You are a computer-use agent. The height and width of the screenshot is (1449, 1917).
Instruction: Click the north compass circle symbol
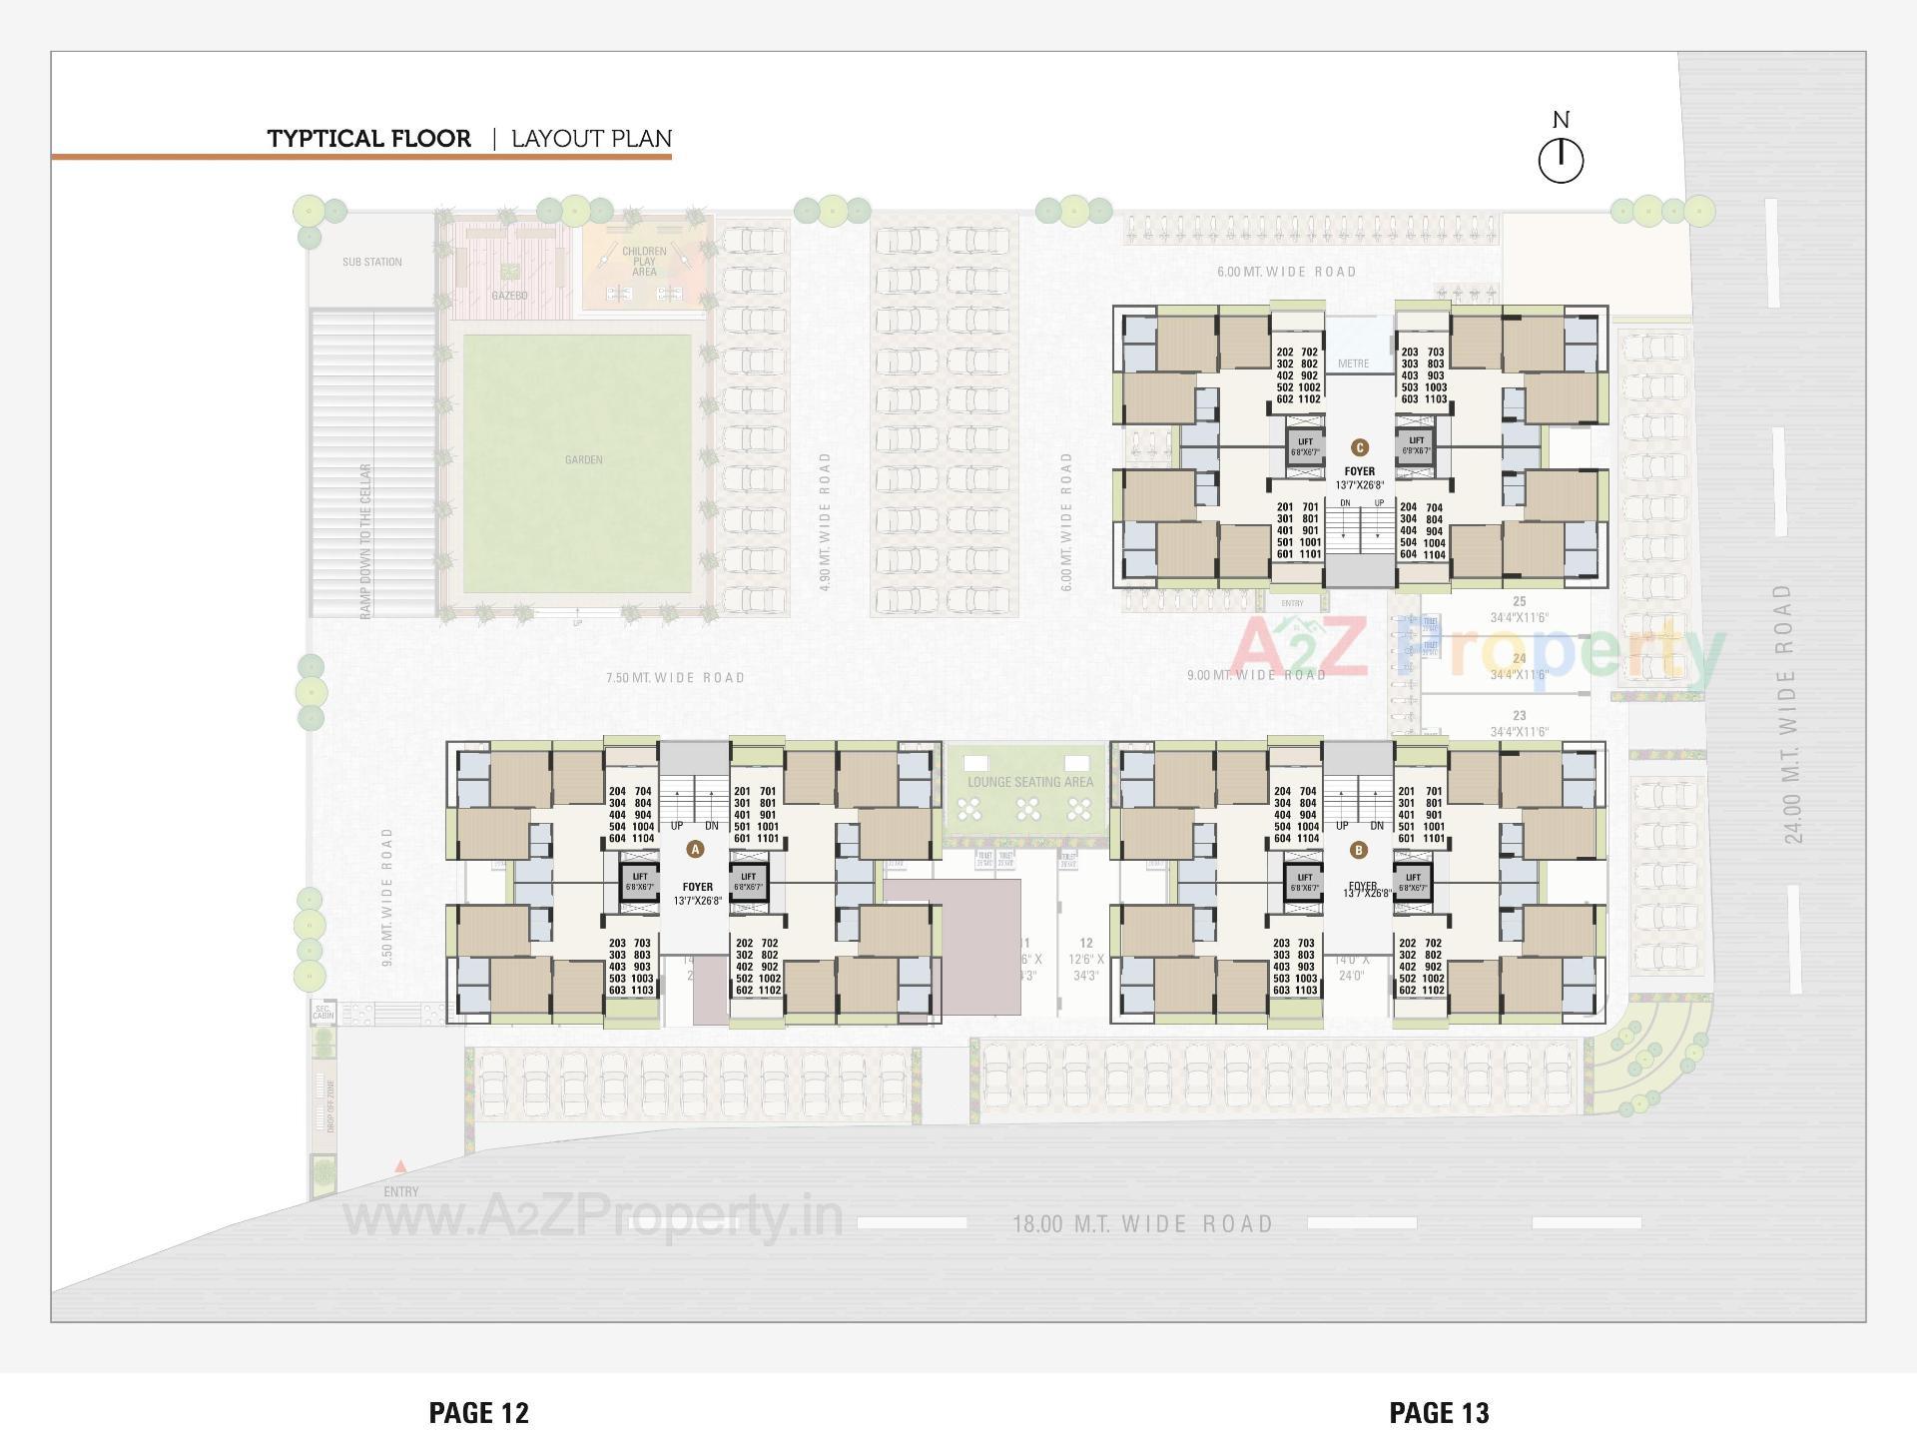1561,161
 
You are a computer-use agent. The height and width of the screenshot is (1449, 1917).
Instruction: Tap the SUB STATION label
372,262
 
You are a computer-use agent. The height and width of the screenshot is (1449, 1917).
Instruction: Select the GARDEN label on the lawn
584,459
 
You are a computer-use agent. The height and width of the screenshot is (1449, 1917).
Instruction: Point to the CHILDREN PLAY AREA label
644,262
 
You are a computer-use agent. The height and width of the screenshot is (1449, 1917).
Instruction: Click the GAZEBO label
509,296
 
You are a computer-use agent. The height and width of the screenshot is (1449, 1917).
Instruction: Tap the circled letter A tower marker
696,850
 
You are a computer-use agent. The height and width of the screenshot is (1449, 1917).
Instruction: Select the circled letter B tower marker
1359,851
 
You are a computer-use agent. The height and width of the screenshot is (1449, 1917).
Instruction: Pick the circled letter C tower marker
1359,447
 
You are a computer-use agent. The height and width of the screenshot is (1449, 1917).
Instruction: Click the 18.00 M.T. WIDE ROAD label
1143,1224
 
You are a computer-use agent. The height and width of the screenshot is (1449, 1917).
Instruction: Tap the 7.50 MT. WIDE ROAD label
676,678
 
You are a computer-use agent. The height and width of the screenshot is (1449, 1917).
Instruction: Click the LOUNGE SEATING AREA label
1030,782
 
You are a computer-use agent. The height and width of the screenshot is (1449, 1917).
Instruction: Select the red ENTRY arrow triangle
400,1166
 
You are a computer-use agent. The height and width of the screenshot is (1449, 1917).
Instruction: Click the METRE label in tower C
1353,363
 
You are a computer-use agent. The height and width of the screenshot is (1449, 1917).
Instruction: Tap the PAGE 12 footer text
479,1413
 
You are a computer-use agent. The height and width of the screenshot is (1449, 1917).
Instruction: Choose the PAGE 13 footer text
1439,1413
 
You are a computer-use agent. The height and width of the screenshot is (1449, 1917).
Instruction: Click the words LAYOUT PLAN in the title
591,139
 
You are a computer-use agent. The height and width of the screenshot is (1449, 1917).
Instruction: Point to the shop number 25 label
1520,602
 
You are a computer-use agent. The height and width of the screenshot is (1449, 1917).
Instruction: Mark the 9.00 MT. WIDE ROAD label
1256,676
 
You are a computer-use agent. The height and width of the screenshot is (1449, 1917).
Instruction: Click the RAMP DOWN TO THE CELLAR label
366,540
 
